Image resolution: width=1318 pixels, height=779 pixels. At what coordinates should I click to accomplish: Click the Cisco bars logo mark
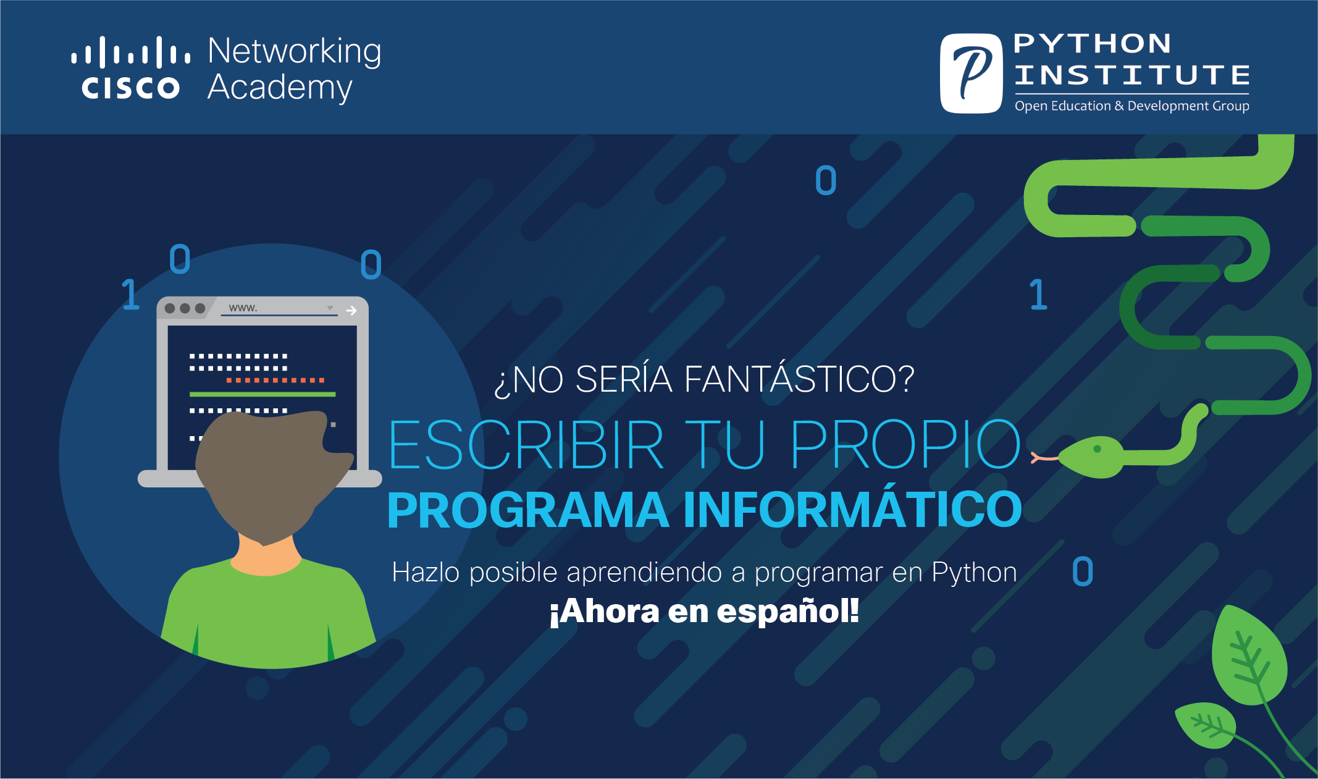(131, 52)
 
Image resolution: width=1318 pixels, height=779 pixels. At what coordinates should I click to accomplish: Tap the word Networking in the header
(295, 52)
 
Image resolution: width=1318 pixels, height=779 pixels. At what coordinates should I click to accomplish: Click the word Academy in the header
(280, 88)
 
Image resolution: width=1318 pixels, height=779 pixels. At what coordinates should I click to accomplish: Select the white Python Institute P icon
(971, 73)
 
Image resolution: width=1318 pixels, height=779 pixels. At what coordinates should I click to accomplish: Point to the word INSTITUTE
(1132, 75)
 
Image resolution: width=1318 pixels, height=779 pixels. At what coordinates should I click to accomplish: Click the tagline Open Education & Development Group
(1132, 106)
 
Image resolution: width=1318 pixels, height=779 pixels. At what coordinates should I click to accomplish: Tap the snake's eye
(1098, 449)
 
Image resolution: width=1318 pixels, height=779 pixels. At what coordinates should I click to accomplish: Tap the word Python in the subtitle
(974, 573)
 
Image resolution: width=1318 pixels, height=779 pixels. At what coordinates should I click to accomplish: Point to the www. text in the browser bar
(243, 308)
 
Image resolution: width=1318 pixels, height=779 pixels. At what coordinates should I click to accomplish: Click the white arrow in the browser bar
(351, 310)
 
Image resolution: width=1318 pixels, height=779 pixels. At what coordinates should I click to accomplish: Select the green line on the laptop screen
(262, 394)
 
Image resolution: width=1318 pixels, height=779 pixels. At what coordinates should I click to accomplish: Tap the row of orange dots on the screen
(275, 381)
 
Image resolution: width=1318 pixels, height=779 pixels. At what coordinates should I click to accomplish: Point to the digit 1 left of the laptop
(130, 294)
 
